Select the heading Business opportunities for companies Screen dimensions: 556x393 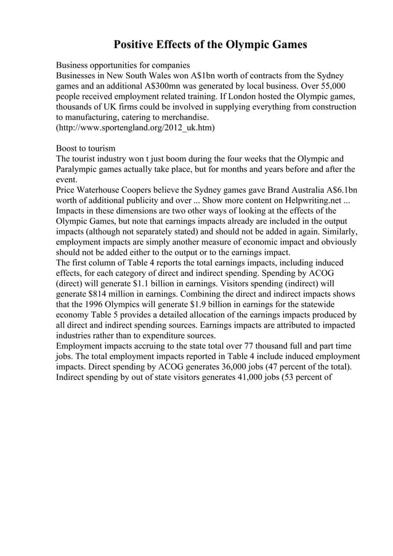point(123,65)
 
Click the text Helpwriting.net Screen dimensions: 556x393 point(306,201)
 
